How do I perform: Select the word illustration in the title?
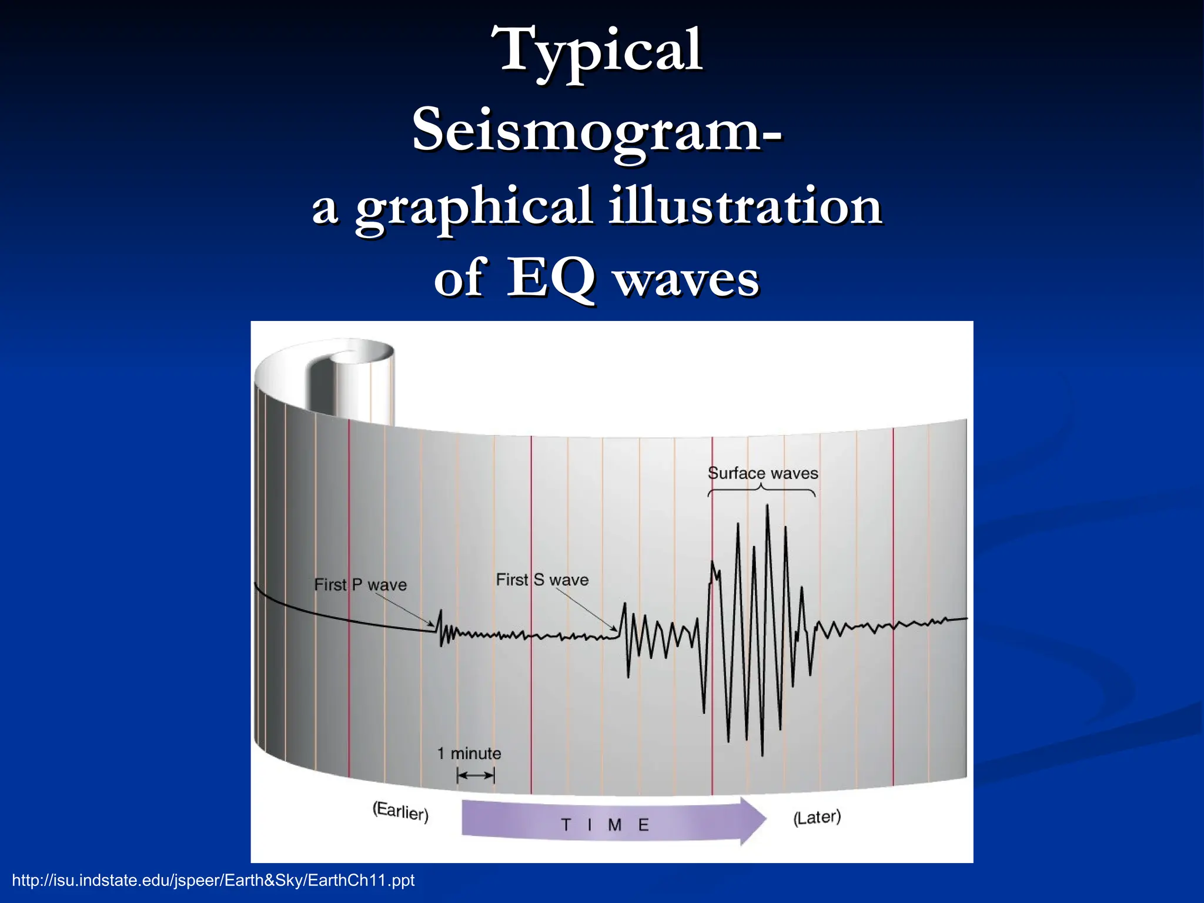tap(745, 206)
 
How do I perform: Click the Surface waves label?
tap(762, 473)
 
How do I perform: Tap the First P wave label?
tap(360, 585)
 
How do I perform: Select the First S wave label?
tap(542, 580)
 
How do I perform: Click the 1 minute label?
tap(469, 754)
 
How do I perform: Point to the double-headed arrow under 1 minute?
tap(476, 775)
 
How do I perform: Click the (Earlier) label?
tap(400, 811)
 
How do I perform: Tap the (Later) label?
tap(817, 817)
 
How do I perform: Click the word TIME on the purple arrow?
tap(604, 825)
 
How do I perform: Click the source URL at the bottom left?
tap(213, 880)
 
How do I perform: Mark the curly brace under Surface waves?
tap(761, 490)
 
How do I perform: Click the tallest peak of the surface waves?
tap(767, 506)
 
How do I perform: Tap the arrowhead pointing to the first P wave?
tap(433, 626)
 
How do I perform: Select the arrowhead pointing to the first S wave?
tap(616, 630)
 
